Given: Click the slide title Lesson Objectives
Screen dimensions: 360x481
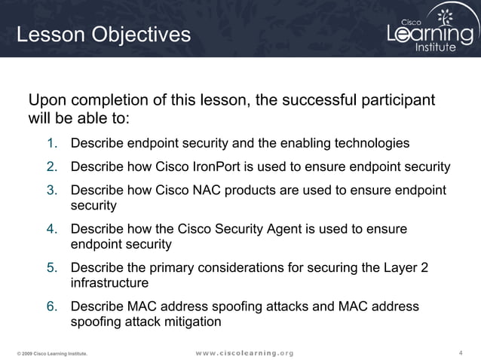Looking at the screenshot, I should [104, 35].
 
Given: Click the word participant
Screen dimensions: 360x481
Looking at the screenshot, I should [403, 101].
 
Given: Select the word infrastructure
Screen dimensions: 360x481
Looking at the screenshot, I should [109, 283].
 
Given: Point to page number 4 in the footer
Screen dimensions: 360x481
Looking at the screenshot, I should [461, 352].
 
